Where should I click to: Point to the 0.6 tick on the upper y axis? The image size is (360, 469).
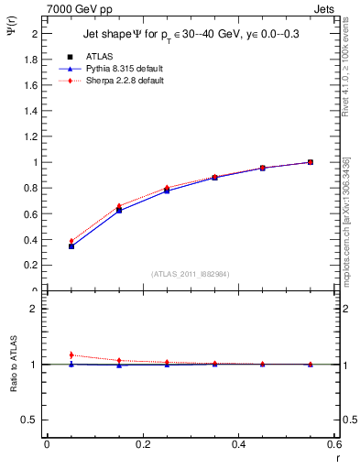pos(30,213)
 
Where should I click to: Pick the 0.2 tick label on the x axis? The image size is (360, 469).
pos(142,444)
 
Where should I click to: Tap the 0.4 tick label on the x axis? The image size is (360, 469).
pos(238,444)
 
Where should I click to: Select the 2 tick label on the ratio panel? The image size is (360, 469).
pos(34,309)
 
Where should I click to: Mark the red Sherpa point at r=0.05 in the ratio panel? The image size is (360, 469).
pos(71,354)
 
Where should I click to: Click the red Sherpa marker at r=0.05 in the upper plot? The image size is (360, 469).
pos(71,241)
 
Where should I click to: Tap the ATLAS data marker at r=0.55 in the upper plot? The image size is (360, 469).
pos(311,162)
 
